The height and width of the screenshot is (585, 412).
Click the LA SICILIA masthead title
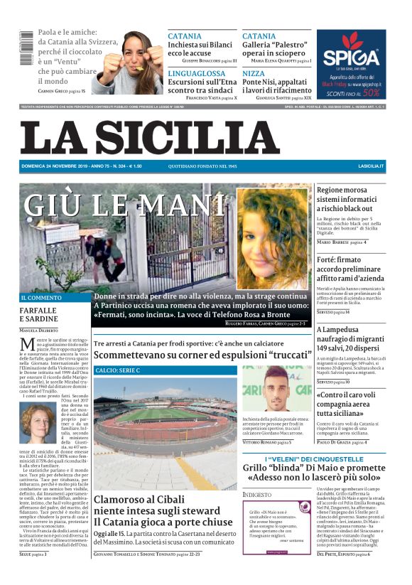(x=150, y=139)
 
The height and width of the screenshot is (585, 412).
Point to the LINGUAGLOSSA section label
(x=196, y=73)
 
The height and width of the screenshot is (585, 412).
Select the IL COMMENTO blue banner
(x=54, y=298)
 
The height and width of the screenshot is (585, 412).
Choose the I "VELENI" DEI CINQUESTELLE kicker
(x=315, y=460)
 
